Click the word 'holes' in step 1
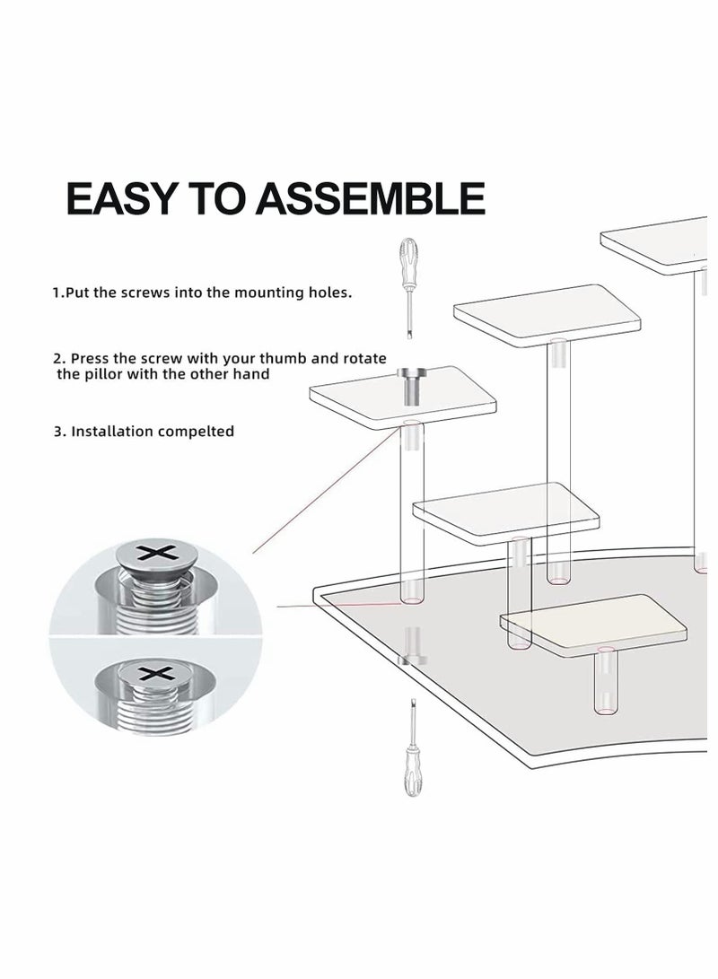[328, 293]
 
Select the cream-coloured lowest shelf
[592, 619]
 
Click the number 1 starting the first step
[56, 293]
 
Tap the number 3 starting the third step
[57, 431]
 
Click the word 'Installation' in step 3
[112, 431]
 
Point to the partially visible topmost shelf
[660, 242]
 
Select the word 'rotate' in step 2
[364, 358]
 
